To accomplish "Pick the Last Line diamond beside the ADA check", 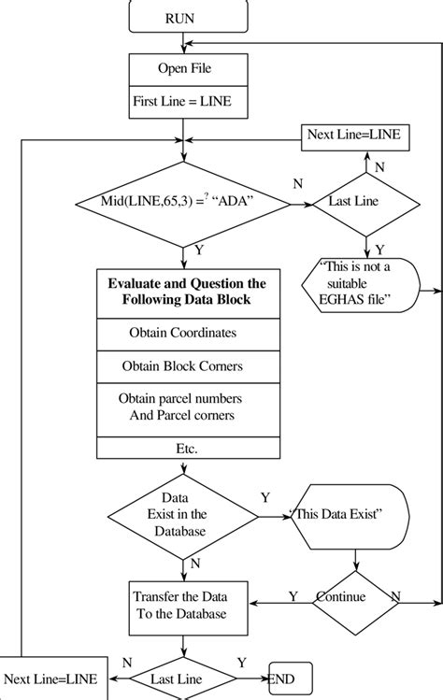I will (x=353, y=202).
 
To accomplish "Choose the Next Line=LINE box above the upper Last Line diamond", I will (x=353, y=136).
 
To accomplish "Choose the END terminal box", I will (x=290, y=677).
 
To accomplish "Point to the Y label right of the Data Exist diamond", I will (x=265, y=499).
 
